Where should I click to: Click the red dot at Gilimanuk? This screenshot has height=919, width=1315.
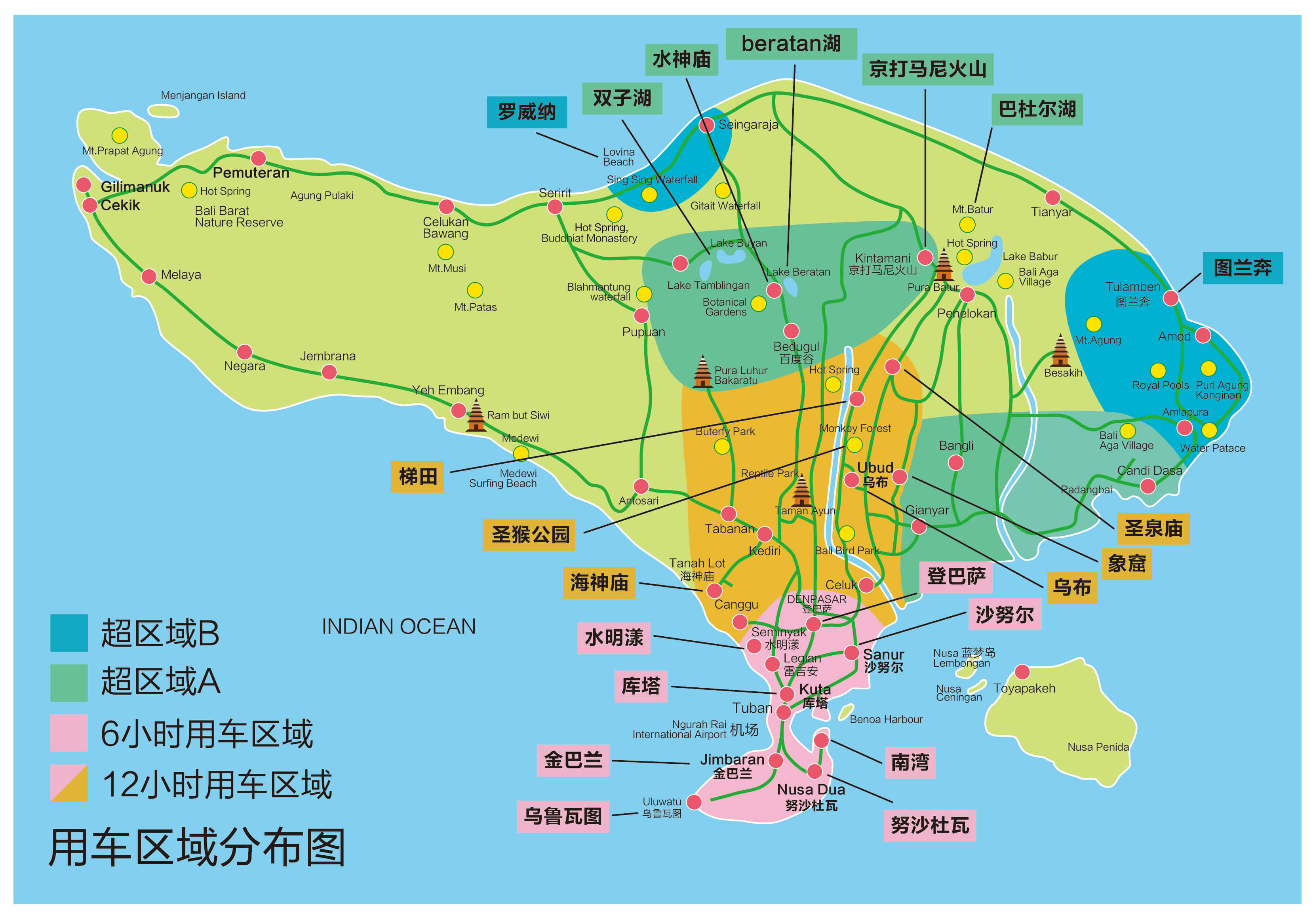click(x=84, y=185)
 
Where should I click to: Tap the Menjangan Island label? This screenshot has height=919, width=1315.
click(x=203, y=95)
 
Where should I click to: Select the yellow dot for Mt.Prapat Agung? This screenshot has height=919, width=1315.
click(x=119, y=135)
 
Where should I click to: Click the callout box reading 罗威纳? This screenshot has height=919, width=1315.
click(x=526, y=112)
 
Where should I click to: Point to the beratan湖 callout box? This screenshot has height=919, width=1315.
click(x=791, y=44)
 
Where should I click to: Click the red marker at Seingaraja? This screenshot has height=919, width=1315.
click(x=707, y=125)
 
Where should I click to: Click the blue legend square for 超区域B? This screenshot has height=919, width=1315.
click(x=69, y=633)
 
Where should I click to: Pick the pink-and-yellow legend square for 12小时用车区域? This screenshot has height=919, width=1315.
click(x=69, y=783)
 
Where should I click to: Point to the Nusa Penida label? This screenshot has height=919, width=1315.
click(x=1097, y=747)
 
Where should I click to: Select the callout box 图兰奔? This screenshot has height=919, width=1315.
click(x=1242, y=267)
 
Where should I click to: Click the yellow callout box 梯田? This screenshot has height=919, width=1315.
click(x=417, y=476)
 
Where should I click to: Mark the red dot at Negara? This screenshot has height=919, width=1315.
click(x=245, y=352)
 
